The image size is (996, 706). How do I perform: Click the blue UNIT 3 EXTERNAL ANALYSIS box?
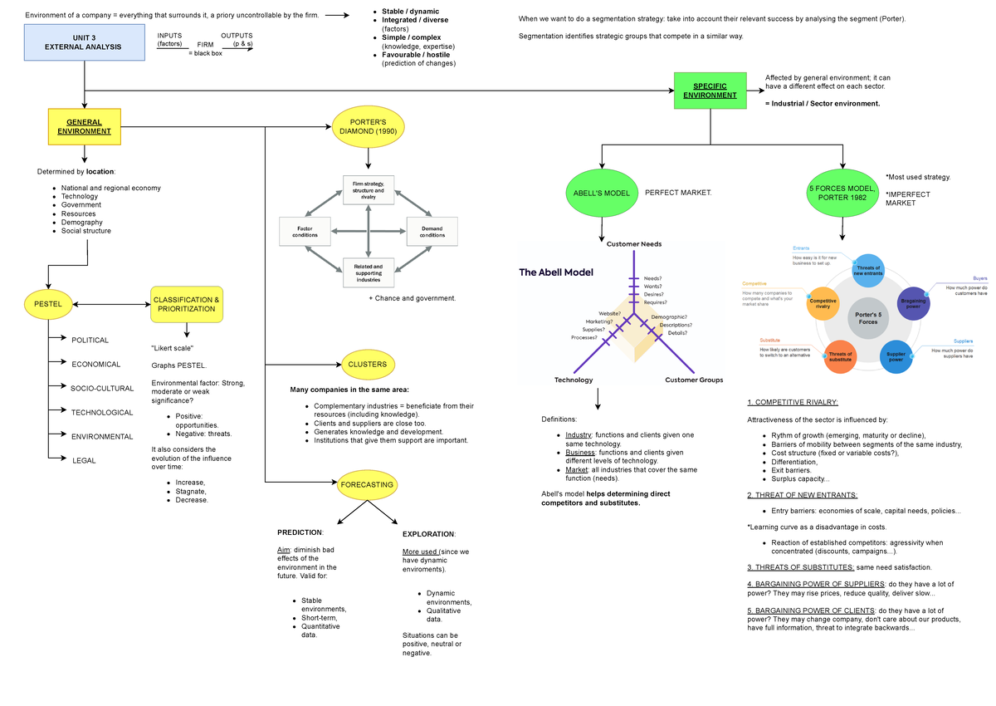85,42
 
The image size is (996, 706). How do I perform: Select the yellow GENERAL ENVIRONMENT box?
85,127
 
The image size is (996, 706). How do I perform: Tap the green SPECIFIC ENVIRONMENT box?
710,91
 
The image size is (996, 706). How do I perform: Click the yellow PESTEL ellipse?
48,304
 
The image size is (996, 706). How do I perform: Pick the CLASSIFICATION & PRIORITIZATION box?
187,304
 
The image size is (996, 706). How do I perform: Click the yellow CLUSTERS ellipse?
368,364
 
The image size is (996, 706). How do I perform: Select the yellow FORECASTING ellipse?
368,484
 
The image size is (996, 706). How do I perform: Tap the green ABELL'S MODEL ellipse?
602,194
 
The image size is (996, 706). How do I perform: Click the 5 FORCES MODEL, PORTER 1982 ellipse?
842,194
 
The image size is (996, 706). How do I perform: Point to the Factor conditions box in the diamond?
305,231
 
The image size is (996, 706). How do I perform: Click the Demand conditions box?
432,231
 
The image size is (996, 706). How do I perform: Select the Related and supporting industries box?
369,272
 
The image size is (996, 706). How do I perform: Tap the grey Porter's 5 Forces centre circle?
868,316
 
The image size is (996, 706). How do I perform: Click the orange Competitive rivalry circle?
823,303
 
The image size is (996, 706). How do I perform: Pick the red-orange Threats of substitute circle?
840,356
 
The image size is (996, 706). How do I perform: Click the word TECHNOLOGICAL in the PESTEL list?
102,413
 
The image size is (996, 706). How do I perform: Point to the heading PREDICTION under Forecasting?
300,532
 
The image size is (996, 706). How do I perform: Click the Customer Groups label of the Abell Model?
694,380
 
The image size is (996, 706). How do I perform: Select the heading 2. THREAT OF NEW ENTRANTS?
790,495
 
